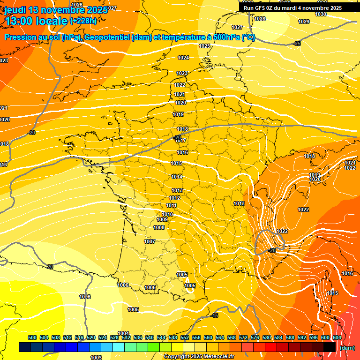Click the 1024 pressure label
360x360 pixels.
click(183, 58)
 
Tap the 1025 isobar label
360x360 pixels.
click(204, 46)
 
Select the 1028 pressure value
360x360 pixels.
click(260, 19)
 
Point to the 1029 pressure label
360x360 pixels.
click(304, 22)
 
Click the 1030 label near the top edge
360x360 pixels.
click(321, 14)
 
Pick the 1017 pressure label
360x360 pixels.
click(181, 141)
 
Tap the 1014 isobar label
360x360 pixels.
click(177, 177)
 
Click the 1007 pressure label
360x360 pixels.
click(150, 241)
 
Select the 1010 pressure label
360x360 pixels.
click(167, 214)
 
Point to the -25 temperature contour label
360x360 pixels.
click(297, 44)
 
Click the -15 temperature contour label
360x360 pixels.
click(215, 315)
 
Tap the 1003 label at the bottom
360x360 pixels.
click(96, 358)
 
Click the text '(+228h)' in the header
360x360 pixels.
click(84, 21)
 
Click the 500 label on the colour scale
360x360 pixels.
click(32, 337)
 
